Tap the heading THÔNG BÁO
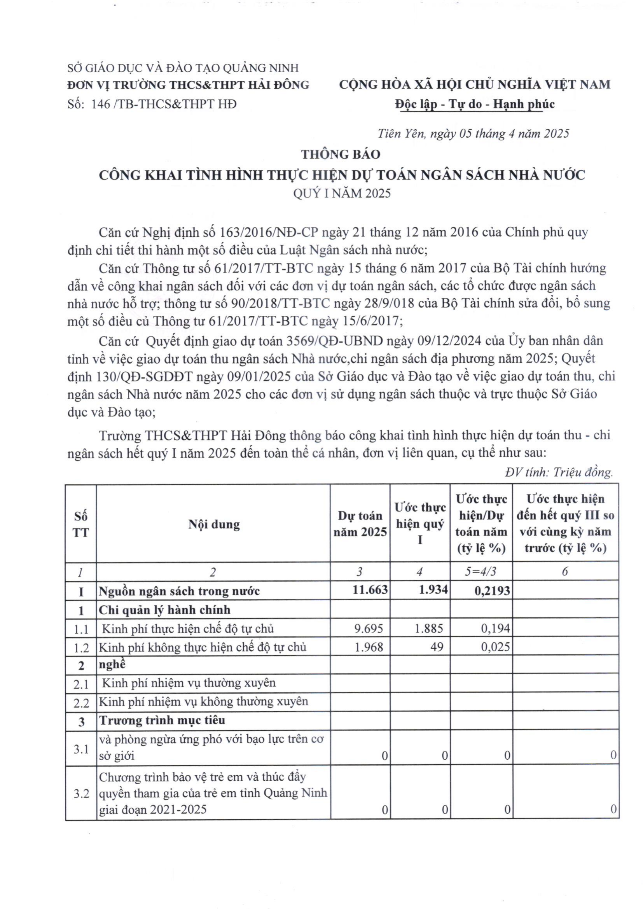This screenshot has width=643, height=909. [x=341, y=154]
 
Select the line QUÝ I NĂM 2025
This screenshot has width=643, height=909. [x=342, y=193]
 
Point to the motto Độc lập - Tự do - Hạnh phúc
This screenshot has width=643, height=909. [x=474, y=104]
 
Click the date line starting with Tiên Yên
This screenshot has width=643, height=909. [x=473, y=133]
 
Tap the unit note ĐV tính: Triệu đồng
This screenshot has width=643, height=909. [x=559, y=472]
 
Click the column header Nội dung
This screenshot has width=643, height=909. [x=214, y=524]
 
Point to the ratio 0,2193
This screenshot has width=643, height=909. [x=492, y=591]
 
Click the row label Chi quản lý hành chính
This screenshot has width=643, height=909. [x=164, y=610]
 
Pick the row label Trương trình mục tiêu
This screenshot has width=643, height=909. [x=162, y=720]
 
